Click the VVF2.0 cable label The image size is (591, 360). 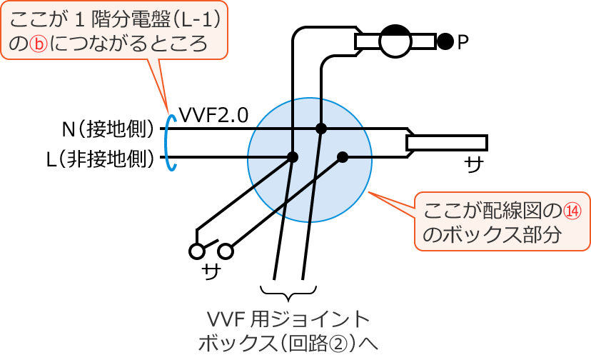click(213, 114)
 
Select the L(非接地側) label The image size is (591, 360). click(101, 159)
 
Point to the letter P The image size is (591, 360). click(463, 43)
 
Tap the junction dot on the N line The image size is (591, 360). click(321, 129)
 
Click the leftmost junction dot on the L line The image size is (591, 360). click(292, 157)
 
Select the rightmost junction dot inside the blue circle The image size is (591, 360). click(343, 157)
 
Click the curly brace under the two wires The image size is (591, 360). click(288, 293)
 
